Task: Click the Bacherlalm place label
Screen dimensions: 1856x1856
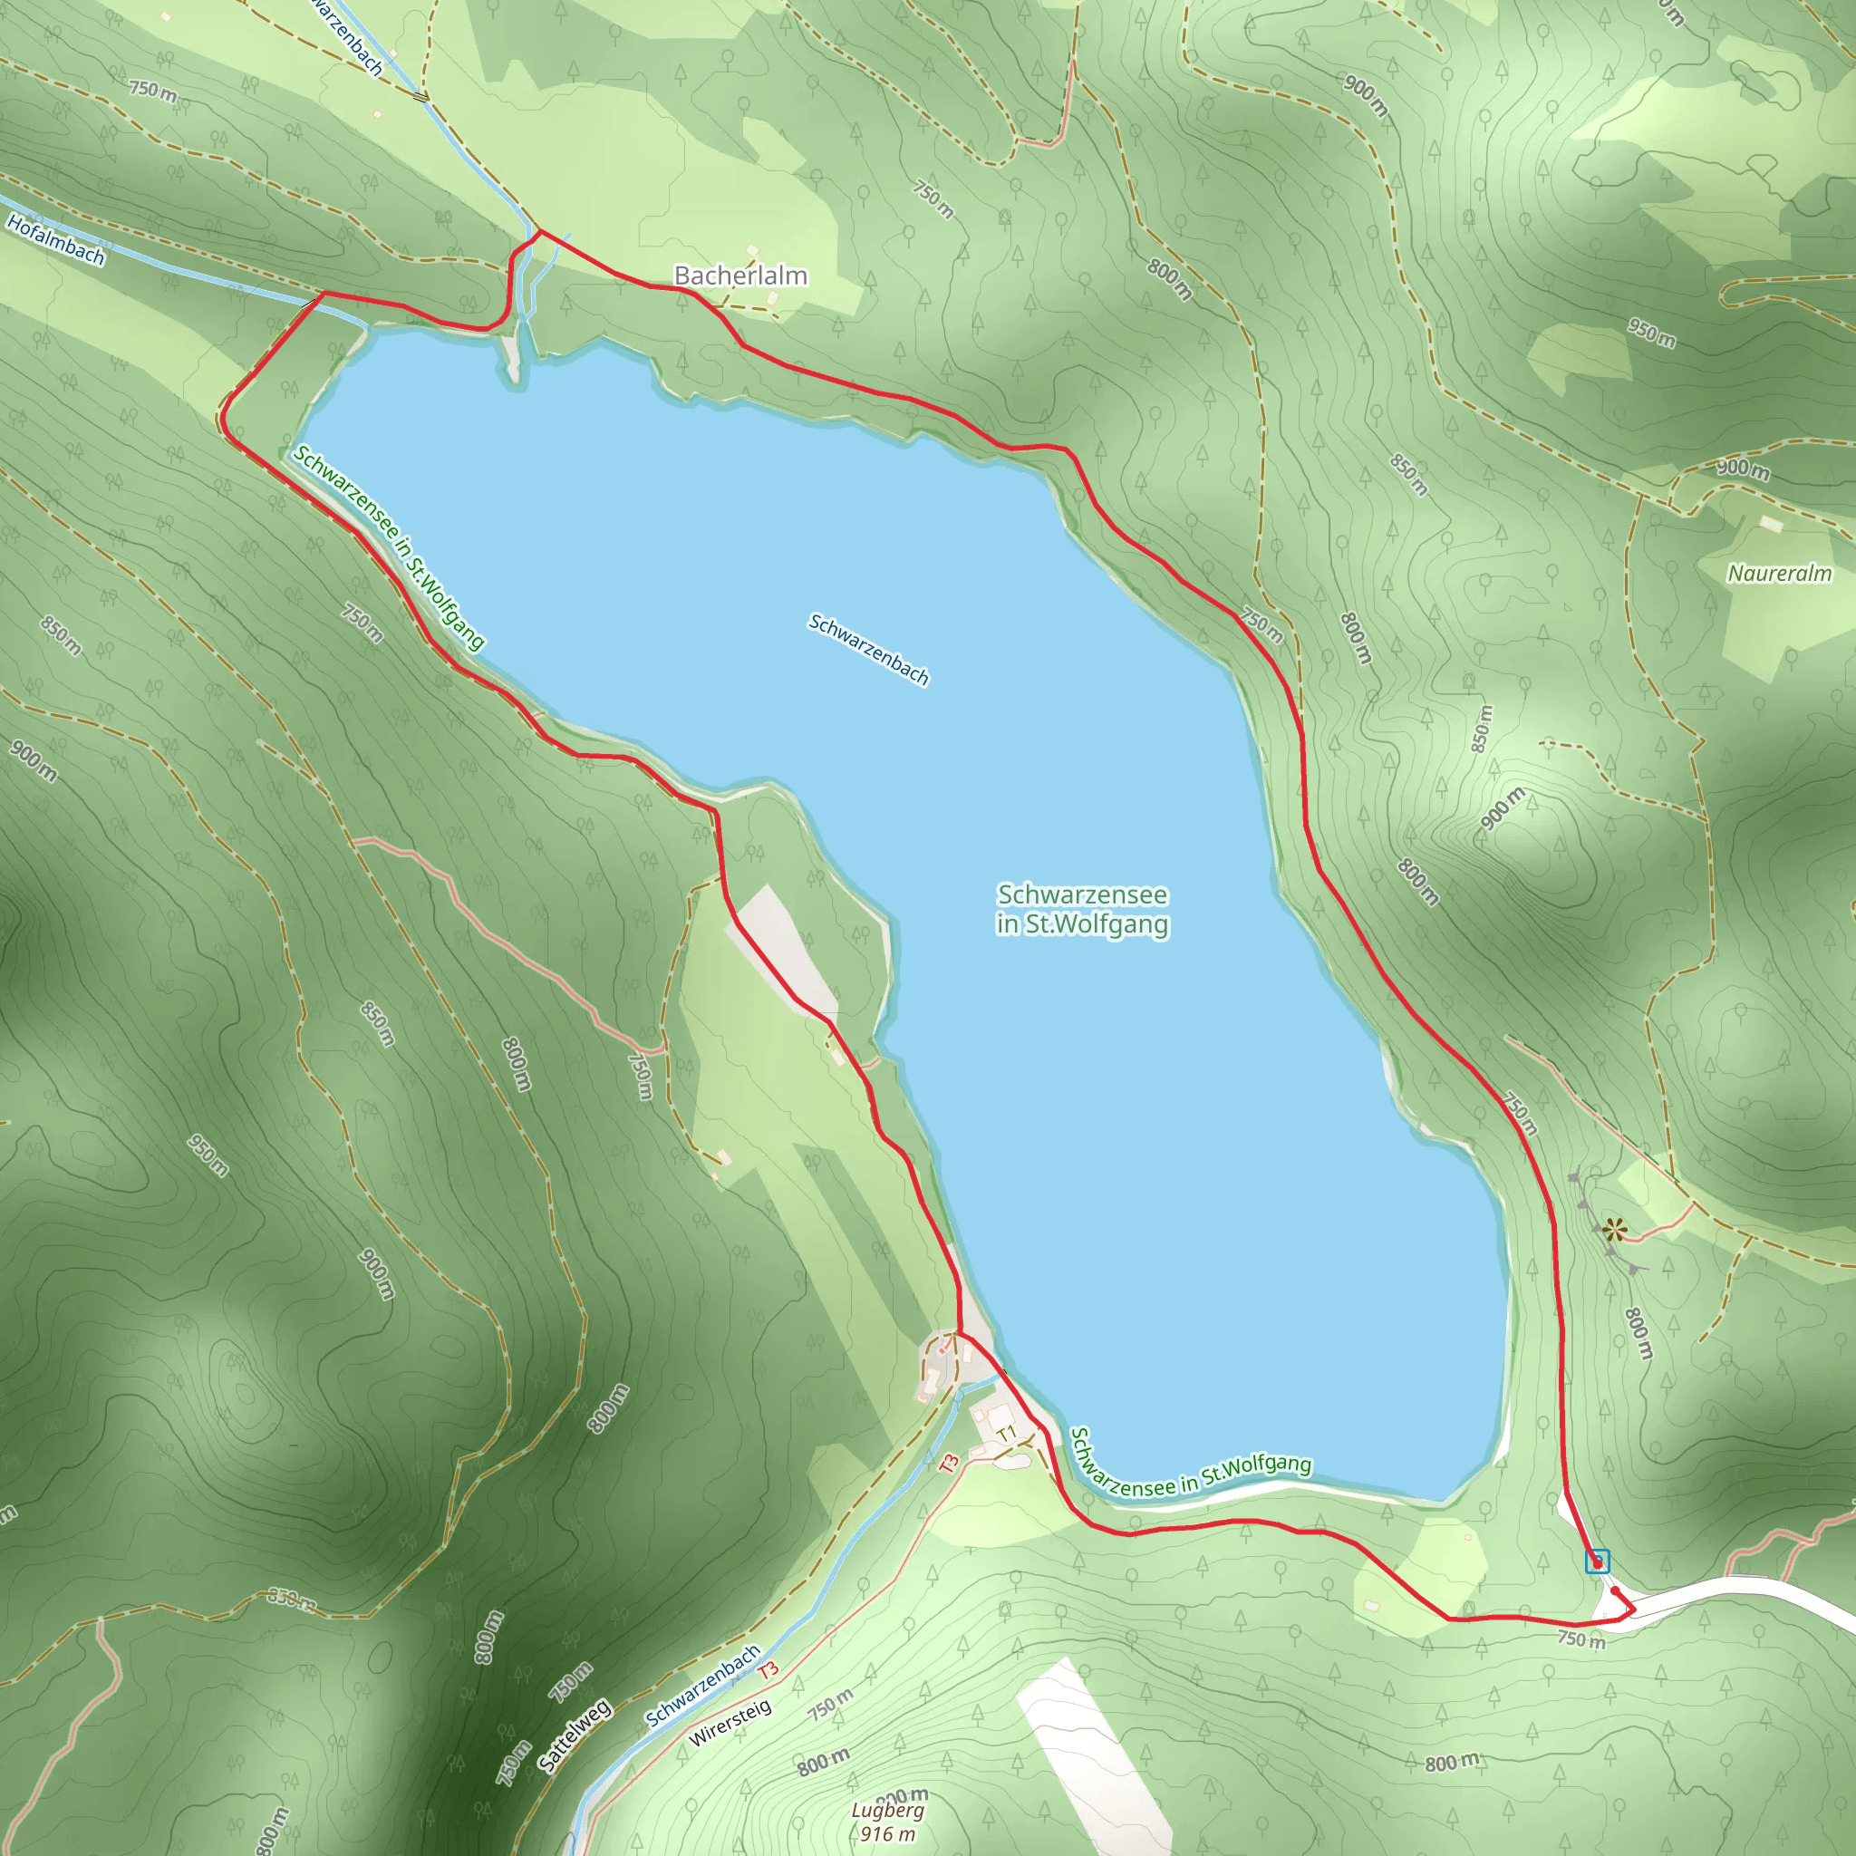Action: point(740,275)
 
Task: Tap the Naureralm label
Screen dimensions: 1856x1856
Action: point(1779,574)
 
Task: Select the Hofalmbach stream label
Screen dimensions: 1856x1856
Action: point(54,239)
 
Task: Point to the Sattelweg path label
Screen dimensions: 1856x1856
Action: point(575,1735)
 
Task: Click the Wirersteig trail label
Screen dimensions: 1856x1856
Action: point(730,1724)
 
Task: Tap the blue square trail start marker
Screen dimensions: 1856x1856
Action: point(1597,1561)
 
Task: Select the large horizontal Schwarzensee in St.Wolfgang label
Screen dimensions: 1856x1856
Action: point(1083,909)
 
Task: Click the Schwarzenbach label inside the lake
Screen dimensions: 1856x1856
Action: point(868,651)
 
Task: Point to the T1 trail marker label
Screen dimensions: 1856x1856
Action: point(1006,1435)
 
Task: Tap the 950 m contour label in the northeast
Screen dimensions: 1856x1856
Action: point(1651,333)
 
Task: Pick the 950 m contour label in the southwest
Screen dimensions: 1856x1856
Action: point(208,1155)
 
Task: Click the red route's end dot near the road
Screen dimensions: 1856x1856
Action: point(1615,1590)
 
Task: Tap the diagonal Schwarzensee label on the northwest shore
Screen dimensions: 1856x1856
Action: point(388,546)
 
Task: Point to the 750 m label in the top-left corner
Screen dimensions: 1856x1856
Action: point(154,92)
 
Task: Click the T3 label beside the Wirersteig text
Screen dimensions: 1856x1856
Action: point(768,1669)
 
